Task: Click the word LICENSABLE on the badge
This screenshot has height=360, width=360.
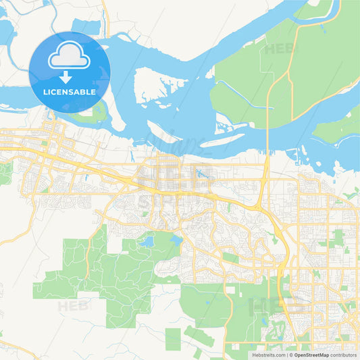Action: click(x=70, y=91)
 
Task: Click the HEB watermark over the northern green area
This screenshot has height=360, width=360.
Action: click(x=280, y=49)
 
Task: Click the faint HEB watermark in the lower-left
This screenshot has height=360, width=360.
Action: click(x=73, y=306)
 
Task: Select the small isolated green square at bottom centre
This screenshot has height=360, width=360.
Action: click(x=173, y=338)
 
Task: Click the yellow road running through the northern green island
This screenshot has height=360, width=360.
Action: click(x=270, y=101)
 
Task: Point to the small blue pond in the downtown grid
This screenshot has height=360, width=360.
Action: click(x=201, y=174)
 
